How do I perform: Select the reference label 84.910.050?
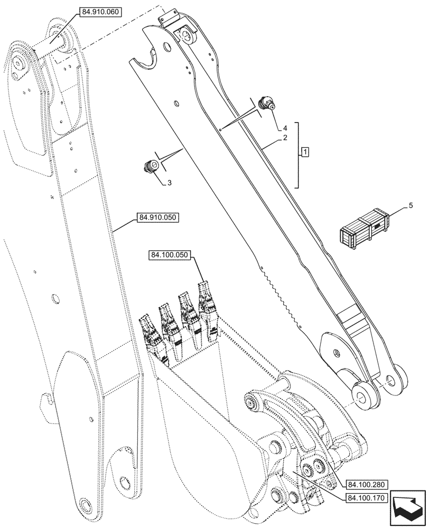(x=158, y=217)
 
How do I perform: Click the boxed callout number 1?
(x=305, y=153)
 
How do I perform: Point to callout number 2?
(x=284, y=138)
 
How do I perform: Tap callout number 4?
(x=284, y=128)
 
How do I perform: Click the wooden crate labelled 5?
(x=365, y=228)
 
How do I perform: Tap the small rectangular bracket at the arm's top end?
(x=167, y=19)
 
